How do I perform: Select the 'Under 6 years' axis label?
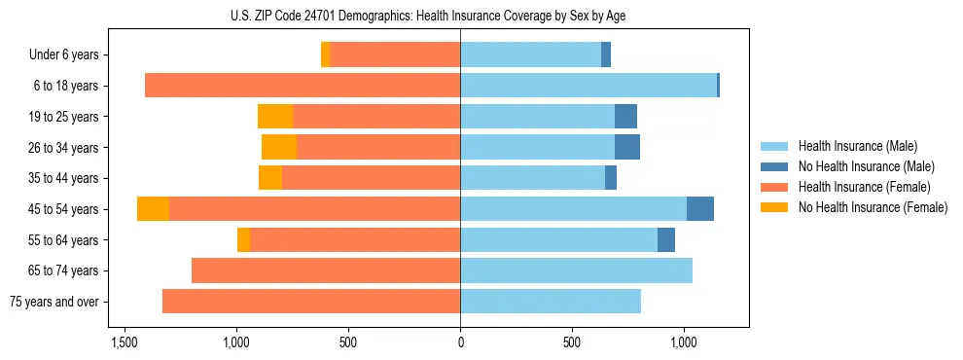click(x=64, y=55)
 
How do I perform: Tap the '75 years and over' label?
click(x=54, y=302)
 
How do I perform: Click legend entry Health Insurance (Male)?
click(x=857, y=146)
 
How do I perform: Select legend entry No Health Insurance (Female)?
click(x=873, y=207)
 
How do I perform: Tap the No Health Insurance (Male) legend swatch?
click(x=774, y=166)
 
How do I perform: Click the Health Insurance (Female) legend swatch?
click(x=774, y=187)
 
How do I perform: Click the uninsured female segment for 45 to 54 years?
click(x=153, y=209)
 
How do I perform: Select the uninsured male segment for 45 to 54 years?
click(x=700, y=209)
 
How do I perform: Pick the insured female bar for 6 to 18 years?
click(x=303, y=86)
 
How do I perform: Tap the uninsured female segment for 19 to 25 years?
click(x=275, y=117)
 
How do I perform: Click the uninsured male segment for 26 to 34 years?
click(x=627, y=148)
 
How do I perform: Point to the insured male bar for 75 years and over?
click(x=551, y=302)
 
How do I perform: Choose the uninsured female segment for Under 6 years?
click(x=326, y=55)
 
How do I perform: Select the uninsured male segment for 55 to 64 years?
click(x=666, y=240)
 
